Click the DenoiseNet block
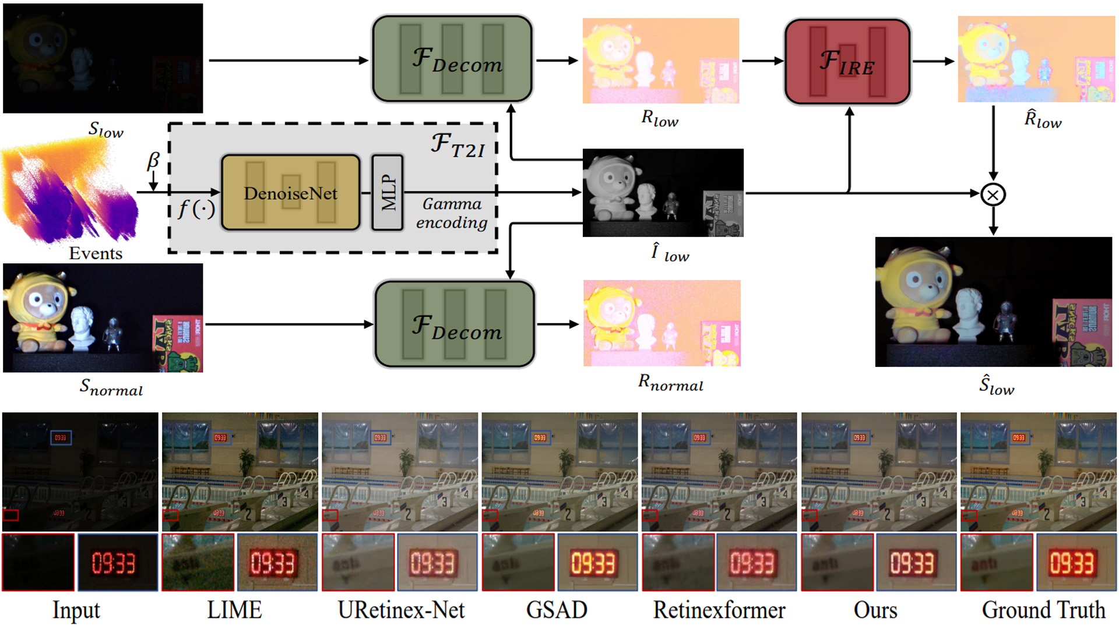(290, 193)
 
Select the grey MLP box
(388, 193)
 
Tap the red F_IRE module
(847, 62)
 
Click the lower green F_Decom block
(455, 324)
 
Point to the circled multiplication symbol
(993, 195)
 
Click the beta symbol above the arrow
(153, 160)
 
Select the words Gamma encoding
(452, 213)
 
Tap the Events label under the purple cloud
(96, 253)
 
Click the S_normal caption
(111, 387)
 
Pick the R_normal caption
(670, 383)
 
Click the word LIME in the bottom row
(234, 610)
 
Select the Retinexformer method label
(719, 610)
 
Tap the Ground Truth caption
(1043, 610)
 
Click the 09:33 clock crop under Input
(118, 563)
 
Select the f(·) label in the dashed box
(196, 209)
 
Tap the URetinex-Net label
(401, 610)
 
